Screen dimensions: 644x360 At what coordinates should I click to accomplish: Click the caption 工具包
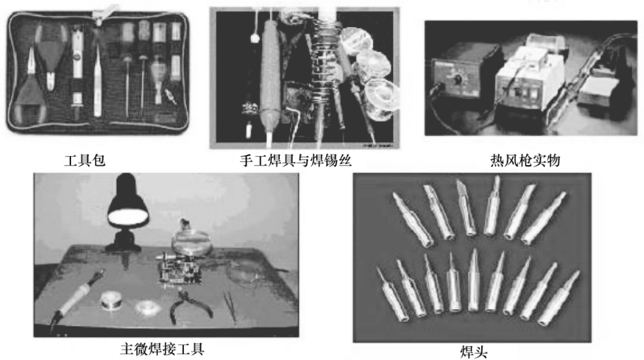pyautogui.click(x=85, y=161)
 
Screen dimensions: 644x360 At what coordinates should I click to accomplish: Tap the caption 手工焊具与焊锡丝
pyautogui.click(x=296, y=161)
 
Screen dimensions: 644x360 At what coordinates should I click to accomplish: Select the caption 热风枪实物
pyautogui.click(x=525, y=161)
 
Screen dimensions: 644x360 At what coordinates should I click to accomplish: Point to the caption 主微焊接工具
pyautogui.click(x=162, y=349)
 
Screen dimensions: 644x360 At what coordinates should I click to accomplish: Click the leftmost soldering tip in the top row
pyautogui.click(x=413, y=220)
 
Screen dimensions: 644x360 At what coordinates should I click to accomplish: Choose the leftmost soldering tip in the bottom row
pyautogui.click(x=392, y=294)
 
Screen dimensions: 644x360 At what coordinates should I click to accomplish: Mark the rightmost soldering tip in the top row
pyautogui.click(x=543, y=218)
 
